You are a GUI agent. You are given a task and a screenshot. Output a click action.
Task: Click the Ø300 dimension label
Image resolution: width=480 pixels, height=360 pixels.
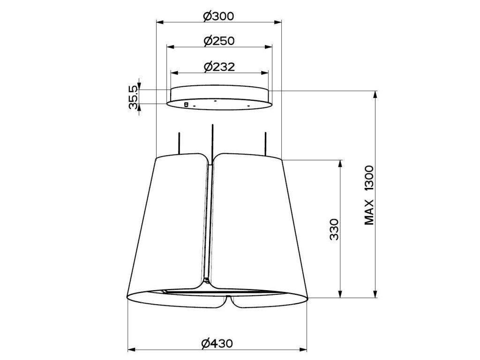tap(218, 16)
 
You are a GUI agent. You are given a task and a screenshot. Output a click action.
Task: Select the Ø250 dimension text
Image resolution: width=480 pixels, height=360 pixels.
tap(219, 41)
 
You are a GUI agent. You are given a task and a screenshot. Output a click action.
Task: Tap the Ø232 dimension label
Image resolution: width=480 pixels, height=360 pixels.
tap(219, 67)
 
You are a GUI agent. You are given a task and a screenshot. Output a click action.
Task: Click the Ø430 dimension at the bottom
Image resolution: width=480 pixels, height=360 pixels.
tap(217, 344)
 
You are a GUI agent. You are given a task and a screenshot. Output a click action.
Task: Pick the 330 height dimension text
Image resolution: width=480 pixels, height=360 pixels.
tap(335, 229)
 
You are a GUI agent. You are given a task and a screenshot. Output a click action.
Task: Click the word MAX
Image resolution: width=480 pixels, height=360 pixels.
tap(369, 212)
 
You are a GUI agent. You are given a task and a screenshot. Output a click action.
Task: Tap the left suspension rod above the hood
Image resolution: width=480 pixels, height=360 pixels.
tap(179, 143)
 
